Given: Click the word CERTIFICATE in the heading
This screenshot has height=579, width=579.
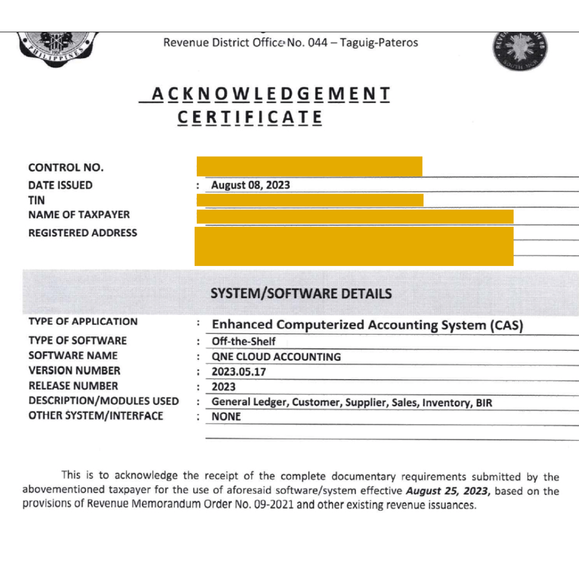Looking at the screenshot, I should (x=250, y=117).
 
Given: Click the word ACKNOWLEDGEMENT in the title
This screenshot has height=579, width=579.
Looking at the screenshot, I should (x=270, y=94).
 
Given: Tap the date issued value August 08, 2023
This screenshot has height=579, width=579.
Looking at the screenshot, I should (x=250, y=185).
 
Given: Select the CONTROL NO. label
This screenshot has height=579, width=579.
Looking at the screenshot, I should (x=66, y=168).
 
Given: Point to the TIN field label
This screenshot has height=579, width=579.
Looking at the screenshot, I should (x=36, y=201).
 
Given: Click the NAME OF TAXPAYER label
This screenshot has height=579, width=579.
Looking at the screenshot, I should (x=79, y=215).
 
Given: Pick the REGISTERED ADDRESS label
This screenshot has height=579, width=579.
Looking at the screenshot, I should (x=83, y=233).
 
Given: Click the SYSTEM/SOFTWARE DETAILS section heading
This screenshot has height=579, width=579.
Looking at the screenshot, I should (x=301, y=294).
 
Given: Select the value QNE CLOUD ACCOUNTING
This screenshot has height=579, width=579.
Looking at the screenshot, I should (x=276, y=357).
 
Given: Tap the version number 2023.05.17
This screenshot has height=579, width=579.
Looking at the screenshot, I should (x=239, y=372).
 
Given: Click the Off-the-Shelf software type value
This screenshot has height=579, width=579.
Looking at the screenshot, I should (x=244, y=342).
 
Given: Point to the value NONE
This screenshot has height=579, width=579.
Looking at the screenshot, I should (x=226, y=417).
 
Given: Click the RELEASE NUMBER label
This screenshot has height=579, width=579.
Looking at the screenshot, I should (x=73, y=386).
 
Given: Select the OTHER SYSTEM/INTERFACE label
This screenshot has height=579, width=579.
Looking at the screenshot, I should (x=95, y=416).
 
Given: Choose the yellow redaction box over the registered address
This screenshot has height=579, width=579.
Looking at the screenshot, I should (x=354, y=246).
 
